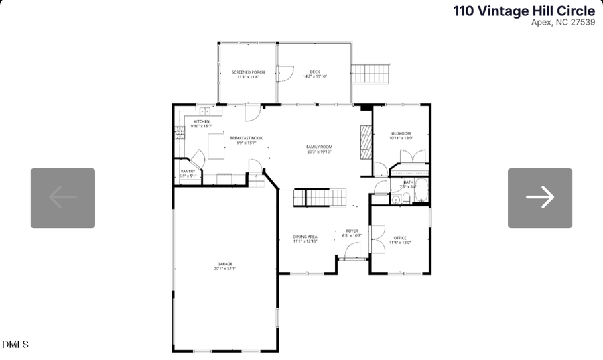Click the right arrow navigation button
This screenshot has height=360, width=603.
(x=539, y=198)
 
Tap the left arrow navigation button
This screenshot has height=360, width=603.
(x=63, y=198)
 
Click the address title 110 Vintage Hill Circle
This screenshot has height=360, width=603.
(x=524, y=11)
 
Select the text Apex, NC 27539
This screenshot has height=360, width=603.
(x=563, y=22)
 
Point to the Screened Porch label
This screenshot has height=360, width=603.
(x=248, y=72)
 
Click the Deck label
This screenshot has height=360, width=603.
(x=315, y=72)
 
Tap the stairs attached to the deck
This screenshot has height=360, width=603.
(x=371, y=74)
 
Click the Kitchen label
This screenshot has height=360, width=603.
(x=202, y=121)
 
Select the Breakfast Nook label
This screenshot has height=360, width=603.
(x=246, y=138)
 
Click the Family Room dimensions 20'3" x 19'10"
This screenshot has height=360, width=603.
(x=320, y=152)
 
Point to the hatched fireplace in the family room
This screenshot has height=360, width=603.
(x=365, y=141)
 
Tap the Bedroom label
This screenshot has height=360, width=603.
(x=401, y=133)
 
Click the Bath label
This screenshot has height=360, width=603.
(x=408, y=182)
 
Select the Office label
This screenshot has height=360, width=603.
(x=400, y=238)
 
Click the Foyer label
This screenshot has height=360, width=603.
(x=352, y=231)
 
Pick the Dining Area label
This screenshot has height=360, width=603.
(x=305, y=237)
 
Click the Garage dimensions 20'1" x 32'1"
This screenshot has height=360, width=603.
(x=225, y=268)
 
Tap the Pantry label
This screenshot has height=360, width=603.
(x=188, y=172)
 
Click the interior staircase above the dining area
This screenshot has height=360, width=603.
(x=320, y=198)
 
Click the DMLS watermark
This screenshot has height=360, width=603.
(x=15, y=345)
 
